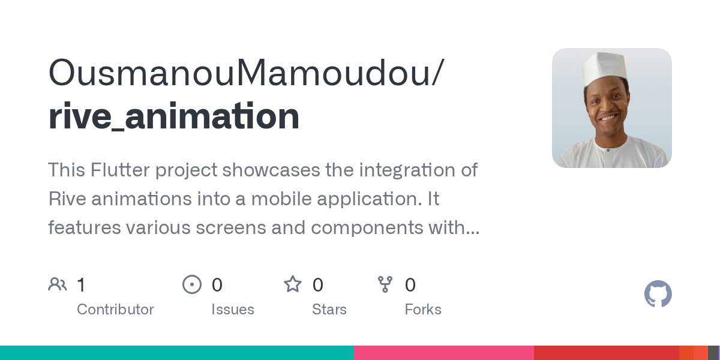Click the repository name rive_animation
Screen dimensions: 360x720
pyautogui.click(x=174, y=116)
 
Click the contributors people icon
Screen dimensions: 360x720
pyautogui.click(x=58, y=284)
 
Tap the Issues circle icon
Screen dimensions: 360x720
pyautogui.click(x=191, y=284)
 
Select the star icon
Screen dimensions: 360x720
pyautogui.click(x=293, y=284)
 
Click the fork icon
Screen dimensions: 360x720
pyautogui.click(x=385, y=284)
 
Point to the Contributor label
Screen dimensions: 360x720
pyautogui.click(x=115, y=310)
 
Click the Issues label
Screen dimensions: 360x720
pyautogui.click(x=233, y=310)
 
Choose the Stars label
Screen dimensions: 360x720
pyautogui.click(x=329, y=310)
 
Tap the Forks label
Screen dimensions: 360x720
pyautogui.click(x=423, y=310)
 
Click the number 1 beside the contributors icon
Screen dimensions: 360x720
pyautogui.click(x=82, y=284)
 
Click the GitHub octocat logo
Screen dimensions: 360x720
pyautogui.click(x=658, y=295)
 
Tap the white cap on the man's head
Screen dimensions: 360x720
pyautogui.click(x=604, y=67)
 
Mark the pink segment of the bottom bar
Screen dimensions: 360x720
pyautogui.click(x=444, y=353)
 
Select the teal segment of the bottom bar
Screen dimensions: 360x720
pyautogui.click(x=177, y=353)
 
